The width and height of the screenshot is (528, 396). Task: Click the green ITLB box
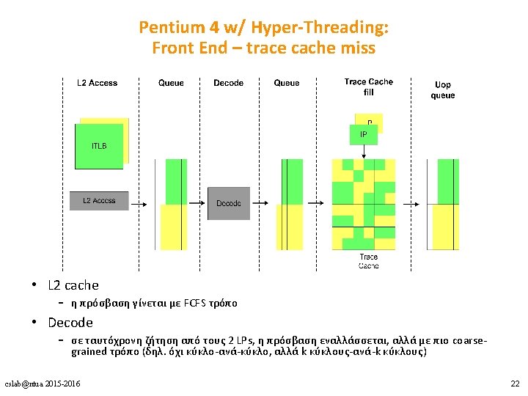pos(98,146)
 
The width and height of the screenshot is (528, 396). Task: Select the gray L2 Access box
pos(99,200)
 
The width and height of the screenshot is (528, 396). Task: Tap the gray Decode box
pos(229,203)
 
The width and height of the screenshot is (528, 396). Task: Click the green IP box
pos(364,135)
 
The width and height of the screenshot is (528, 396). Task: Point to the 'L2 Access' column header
pos(97,83)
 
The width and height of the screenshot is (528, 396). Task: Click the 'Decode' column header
pos(229,83)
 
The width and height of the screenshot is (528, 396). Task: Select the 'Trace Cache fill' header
pos(368,87)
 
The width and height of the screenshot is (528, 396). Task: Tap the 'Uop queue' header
pos(443,90)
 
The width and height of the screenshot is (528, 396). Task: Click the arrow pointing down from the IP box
pos(364,150)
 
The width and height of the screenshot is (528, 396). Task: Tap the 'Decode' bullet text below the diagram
pos(70,323)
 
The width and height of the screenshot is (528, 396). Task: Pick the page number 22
pos(514,384)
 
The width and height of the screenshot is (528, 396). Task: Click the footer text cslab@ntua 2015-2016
pos(43,384)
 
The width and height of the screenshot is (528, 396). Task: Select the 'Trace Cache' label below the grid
pos(369,261)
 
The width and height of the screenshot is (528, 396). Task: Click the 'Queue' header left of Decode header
pos(171,83)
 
